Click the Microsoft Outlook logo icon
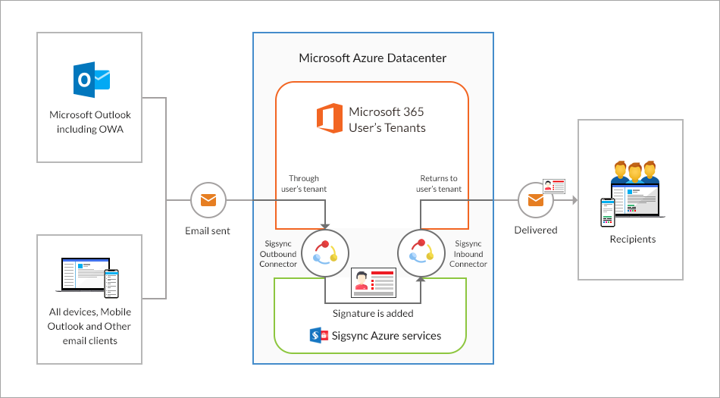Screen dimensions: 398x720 pos(91,80)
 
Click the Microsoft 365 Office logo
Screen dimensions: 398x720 pos(329,120)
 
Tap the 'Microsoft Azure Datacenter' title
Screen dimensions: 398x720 pos(372,58)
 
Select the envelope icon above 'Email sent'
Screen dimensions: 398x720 pos(208,201)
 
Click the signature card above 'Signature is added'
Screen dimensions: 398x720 pos(373,283)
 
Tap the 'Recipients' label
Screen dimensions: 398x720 pos(633,240)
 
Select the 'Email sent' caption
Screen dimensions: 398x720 pos(208,230)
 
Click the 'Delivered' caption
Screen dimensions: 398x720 pos(536,230)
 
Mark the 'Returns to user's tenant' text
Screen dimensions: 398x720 pos(439,183)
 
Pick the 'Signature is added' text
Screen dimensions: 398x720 pos(373,312)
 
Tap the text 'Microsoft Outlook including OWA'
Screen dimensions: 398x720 pos(89,121)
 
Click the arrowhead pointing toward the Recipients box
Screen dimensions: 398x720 pos(574,201)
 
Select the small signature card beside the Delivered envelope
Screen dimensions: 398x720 pos(555,186)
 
